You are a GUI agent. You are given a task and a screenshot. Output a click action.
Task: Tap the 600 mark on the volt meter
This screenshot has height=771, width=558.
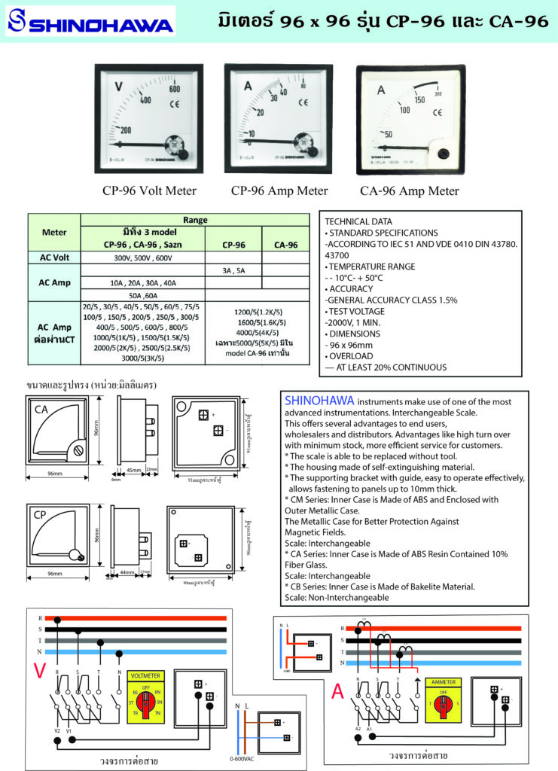(175, 88)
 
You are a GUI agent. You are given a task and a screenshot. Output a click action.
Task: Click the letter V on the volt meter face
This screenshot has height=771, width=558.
(118, 86)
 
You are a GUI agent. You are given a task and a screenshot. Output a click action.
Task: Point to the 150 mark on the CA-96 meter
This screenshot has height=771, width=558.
(419, 99)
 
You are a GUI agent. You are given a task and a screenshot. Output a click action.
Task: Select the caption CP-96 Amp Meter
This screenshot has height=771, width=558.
(281, 190)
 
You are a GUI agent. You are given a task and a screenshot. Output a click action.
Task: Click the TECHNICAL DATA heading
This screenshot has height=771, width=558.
(358, 222)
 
